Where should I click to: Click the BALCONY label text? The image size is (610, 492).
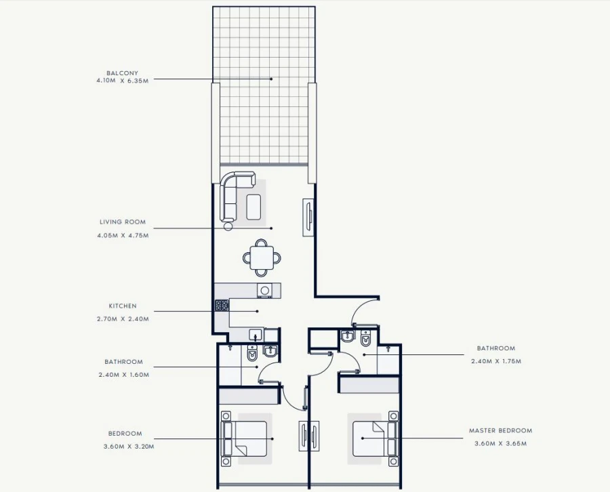[122, 73]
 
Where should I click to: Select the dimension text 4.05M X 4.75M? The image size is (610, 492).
[122, 236]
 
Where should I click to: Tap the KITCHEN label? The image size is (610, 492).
[122, 306]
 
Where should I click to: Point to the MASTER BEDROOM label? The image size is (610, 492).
[500, 430]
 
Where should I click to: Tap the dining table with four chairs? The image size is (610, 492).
[262, 258]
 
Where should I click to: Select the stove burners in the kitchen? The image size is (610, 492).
[222, 306]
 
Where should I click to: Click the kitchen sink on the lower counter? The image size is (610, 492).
[256, 334]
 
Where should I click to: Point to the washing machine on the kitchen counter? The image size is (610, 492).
[265, 290]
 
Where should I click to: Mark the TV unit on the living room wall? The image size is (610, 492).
[308, 217]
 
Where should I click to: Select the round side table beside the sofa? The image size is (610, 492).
[228, 226]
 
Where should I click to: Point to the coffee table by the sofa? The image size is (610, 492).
[255, 207]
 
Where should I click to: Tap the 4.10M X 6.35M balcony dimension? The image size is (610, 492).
[122, 81]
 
